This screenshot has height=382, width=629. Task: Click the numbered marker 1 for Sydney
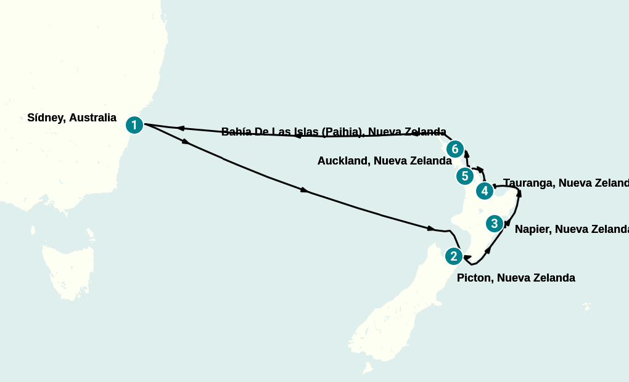(134, 125)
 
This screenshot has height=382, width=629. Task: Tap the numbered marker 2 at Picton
(453, 256)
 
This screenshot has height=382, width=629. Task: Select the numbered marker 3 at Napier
(495, 224)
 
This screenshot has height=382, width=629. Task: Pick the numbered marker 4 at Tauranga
(485, 191)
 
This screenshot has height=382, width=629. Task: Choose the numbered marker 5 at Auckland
(464, 176)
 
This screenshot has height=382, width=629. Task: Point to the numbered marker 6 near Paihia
(454, 148)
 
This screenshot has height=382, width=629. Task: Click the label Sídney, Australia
(72, 118)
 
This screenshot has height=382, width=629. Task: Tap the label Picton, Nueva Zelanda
(516, 278)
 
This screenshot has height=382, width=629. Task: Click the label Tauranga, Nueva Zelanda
(565, 183)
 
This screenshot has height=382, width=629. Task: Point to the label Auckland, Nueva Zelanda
(384, 161)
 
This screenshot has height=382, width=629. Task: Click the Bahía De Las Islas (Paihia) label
(334, 132)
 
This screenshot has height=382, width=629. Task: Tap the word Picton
(474, 278)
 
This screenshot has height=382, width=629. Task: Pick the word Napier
(532, 229)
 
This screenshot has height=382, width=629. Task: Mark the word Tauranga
(528, 183)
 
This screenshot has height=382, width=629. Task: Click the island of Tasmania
(68, 271)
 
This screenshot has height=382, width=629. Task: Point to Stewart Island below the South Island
(368, 368)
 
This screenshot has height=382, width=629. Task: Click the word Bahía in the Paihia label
(236, 132)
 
